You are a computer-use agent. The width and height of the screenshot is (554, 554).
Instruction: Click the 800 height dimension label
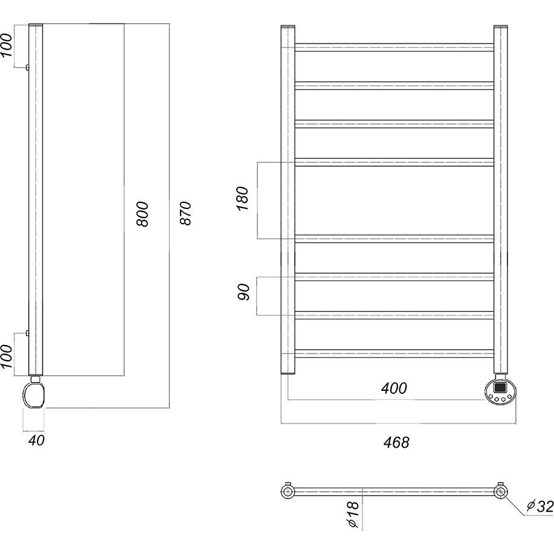pos(143,214)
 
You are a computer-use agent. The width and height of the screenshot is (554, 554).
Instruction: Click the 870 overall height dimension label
pos(185,213)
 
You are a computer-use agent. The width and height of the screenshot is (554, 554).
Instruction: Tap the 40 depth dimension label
pos(36,440)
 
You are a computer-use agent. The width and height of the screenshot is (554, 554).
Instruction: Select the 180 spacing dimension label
pos(243,199)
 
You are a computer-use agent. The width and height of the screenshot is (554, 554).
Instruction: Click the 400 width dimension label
pos(394,388)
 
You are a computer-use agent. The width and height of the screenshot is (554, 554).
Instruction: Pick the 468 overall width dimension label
pos(396,442)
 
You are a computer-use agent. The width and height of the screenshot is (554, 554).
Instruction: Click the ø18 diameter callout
pos(353,515)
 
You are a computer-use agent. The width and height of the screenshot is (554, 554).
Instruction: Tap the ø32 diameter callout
pos(540,506)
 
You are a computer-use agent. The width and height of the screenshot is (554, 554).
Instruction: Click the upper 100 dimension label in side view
pos(6,45)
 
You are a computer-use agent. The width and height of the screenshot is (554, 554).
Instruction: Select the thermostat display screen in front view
pos(500,387)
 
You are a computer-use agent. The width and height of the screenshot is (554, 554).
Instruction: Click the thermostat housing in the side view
pos(34,395)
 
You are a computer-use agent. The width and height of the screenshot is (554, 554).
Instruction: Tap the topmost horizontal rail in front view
pos(395,47)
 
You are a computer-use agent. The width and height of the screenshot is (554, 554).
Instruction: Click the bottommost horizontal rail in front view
pos(395,353)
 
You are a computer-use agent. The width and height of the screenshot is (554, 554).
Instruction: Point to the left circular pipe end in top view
pos(288,491)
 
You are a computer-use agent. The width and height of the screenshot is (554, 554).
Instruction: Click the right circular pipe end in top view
pos(501,491)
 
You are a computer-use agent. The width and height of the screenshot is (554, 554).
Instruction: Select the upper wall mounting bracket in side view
pos(27,68)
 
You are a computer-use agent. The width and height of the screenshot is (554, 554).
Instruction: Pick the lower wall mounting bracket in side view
pos(27,332)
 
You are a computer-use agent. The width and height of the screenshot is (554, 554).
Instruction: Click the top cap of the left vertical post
pos(288,27)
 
